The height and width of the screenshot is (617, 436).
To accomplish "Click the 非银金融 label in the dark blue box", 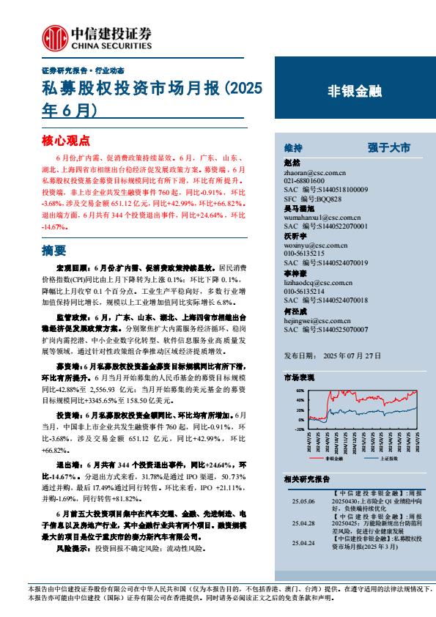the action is tap(355, 92).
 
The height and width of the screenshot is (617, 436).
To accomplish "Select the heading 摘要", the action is tap(54, 250).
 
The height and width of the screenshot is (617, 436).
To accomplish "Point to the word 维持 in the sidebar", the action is tap(292, 147).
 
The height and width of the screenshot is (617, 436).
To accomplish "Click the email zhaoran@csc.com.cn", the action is tap(310, 174).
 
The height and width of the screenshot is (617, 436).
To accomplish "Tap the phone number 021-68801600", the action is tap(303, 182).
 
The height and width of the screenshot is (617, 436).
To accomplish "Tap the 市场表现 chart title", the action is tap(298, 377).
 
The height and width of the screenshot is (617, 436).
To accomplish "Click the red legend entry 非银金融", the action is tap(322, 457).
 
